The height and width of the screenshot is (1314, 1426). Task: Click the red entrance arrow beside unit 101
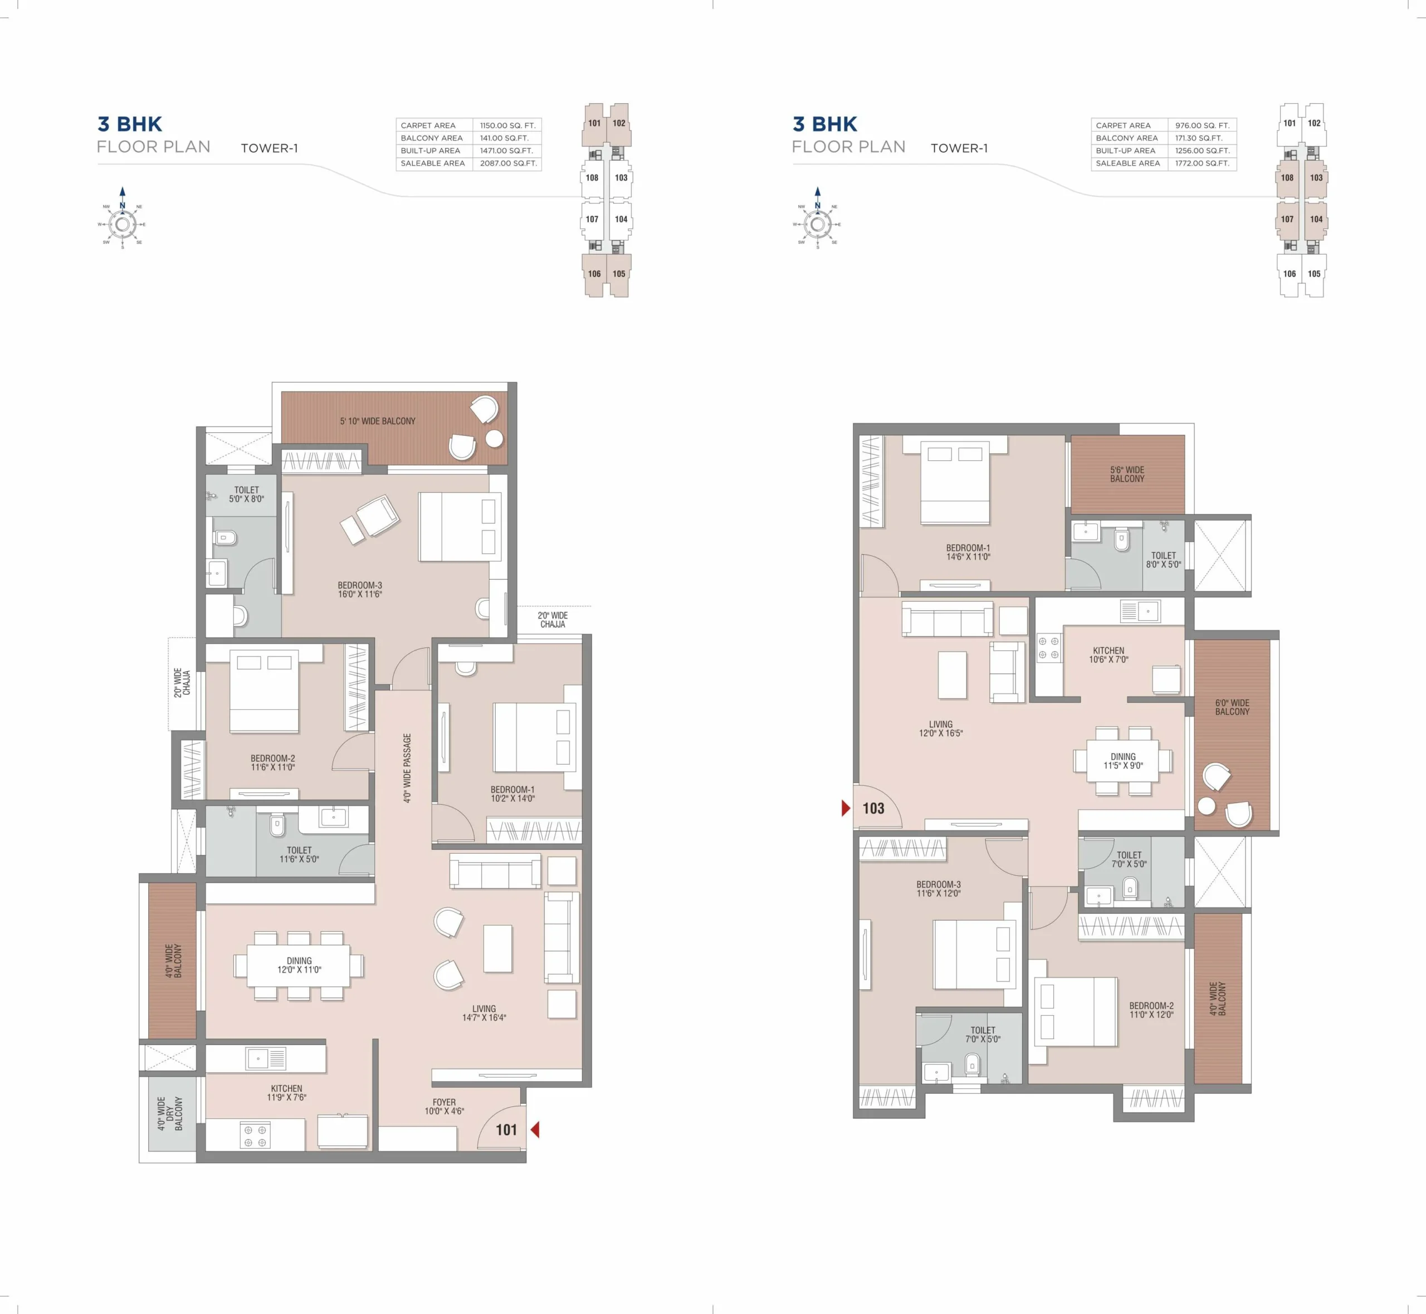(x=535, y=1129)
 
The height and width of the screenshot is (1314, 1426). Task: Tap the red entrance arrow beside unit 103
(x=845, y=808)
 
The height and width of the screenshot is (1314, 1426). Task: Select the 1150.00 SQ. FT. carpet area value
(x=507, y=125)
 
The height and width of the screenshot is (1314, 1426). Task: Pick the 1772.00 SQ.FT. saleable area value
(x=1202, y=163)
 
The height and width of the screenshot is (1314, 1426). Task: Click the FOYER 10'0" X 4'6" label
(x=445, y=1106)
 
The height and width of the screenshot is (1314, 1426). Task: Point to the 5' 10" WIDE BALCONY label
(x=378, y=421)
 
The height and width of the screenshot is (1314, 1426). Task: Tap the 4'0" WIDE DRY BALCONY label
(x=170, y=1113)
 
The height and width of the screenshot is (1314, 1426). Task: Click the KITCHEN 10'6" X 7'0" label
(x=1108, y=655)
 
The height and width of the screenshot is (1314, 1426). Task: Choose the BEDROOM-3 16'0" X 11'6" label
(x=360, y=590)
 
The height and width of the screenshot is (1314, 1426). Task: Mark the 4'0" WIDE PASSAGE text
(x=407, y=768)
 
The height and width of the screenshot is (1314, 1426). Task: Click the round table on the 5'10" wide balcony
(x=494, y=439)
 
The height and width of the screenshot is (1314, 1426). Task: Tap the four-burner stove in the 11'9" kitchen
(x=255, y=1136)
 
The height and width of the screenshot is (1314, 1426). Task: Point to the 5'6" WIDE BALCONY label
(x=1127, y=474)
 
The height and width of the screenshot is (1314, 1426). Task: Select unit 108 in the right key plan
(x=1287, y=178)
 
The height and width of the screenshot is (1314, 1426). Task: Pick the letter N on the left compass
(x=123, y=206)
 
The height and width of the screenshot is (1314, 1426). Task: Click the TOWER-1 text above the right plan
(x=959, y=148)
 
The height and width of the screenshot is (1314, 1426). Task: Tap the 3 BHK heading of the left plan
(x=129, y=124)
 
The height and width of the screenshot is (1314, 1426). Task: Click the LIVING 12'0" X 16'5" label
(x=940, y=729)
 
